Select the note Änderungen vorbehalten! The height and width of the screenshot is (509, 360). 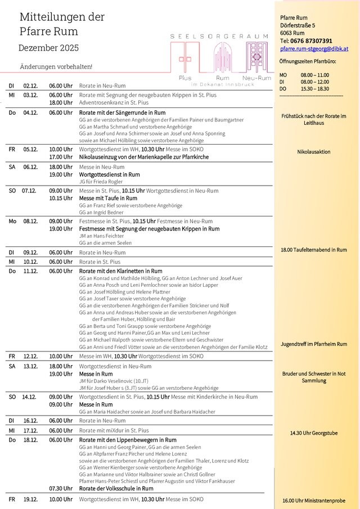click(56, 66)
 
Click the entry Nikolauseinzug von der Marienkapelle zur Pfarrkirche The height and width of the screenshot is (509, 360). click(143, 157)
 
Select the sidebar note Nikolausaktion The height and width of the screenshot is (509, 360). click(313, 152)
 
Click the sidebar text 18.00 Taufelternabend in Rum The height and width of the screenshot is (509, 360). click(313, 249)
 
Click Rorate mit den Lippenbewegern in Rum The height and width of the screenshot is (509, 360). click(128, 440)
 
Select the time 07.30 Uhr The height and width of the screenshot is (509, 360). click(60, 488)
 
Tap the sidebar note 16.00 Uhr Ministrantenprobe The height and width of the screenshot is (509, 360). click(314, 500)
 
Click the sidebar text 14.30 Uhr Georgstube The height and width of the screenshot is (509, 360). click(314, 433)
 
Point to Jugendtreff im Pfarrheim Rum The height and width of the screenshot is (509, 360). click(314, 344)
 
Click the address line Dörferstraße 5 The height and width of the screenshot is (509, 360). click(298, 26)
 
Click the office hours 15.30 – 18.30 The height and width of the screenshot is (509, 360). click(315, 89)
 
